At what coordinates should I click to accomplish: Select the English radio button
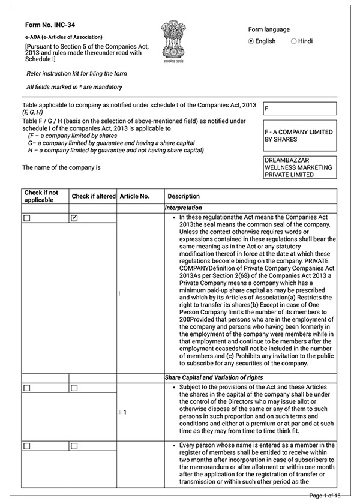point(251,41)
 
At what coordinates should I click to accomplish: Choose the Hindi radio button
point(293,41)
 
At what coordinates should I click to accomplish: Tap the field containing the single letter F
point(299,109)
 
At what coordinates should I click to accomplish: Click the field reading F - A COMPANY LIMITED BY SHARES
point(299,135)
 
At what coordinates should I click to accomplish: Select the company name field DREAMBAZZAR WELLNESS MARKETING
point(299,167)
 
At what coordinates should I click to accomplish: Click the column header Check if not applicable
point(41,196)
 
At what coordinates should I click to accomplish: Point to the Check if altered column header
point(92,196)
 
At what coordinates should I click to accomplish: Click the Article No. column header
point(134,196)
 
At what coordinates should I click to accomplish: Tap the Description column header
point(184,196)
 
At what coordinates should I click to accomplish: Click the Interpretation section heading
point(184,208)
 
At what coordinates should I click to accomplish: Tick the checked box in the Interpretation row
point(74,218)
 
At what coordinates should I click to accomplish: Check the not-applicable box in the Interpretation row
point(27,218)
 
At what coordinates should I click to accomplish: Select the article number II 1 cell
point(122,413)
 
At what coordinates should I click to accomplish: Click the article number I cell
point(120,293)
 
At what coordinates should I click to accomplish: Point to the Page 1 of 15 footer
point(325,496)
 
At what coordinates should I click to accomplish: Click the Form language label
point(269,29)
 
